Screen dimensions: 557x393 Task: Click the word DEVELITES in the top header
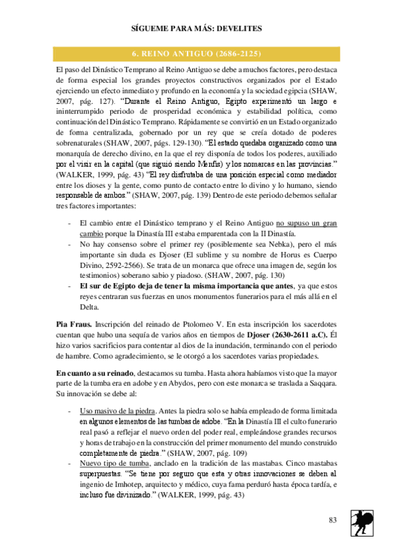click(238, 29)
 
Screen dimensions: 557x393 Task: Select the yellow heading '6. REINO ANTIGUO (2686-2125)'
click(196, 53)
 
